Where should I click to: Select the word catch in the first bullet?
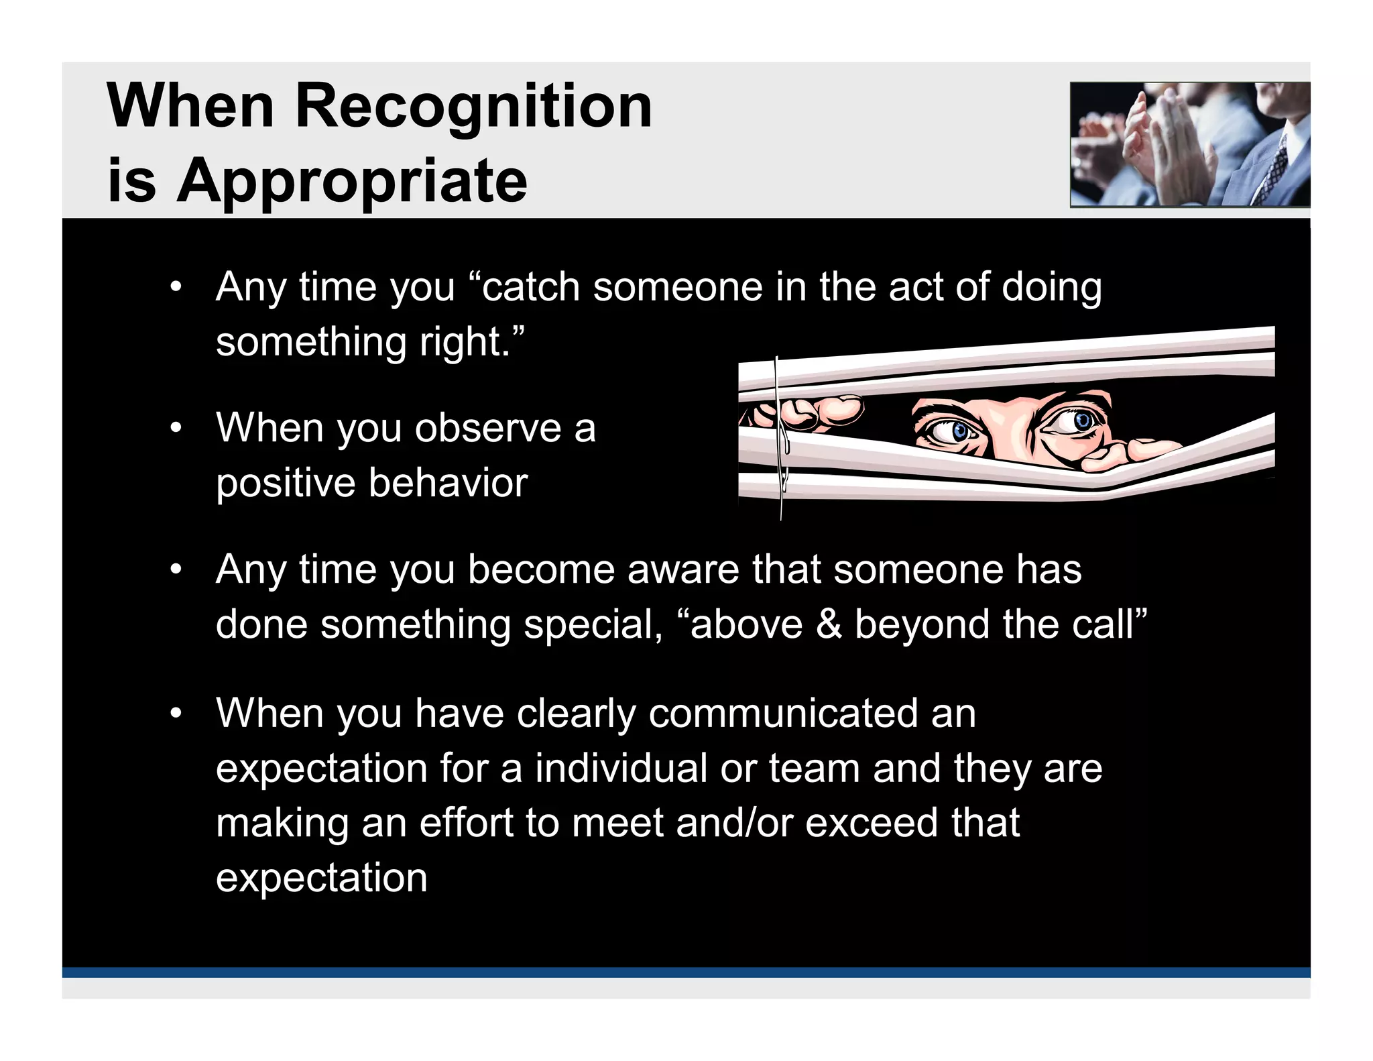tap(531, 287)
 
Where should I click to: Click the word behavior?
tap(448, 483)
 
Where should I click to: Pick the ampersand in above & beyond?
tap(829, 624)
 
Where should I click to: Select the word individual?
tap(621, 768)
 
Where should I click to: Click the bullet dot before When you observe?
tap(176, 428)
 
